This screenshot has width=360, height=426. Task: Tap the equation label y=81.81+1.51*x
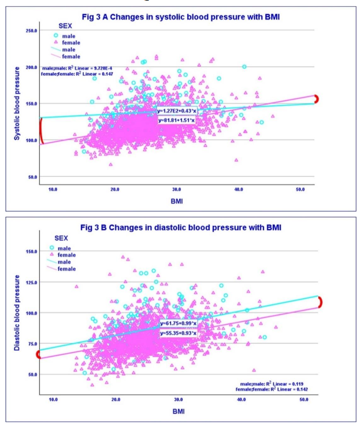[177, 120]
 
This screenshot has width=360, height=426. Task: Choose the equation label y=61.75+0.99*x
[177, 324]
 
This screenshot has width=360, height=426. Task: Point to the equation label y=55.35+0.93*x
[177, 333]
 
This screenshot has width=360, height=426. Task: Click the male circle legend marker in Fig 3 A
[55, 35]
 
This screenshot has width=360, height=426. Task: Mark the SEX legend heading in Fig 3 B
[61, 238]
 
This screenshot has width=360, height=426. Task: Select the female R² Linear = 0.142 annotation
[276, 390]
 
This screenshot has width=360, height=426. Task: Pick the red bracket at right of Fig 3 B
[319, 302]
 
